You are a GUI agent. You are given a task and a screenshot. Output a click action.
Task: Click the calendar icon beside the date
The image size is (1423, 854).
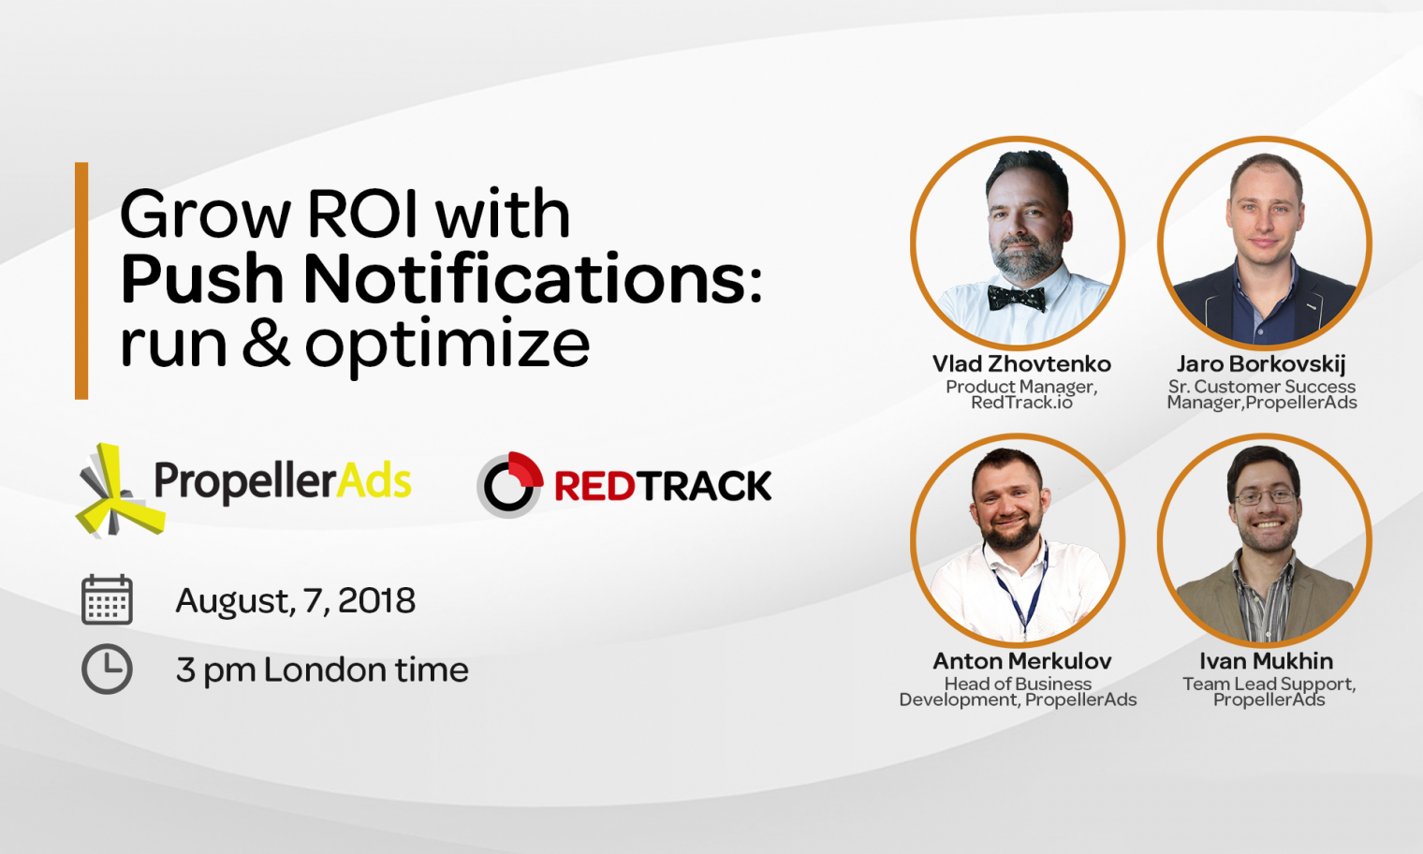point(107,599)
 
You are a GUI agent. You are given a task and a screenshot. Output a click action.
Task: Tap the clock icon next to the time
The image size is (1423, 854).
point(107,669)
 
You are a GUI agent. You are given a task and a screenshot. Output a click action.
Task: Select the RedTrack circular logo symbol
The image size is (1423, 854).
point(510,485)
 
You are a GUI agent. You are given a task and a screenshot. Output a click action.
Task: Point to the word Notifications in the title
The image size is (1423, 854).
point(533,279)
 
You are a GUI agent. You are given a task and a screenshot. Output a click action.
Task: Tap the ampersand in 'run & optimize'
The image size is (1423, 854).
point(266,344)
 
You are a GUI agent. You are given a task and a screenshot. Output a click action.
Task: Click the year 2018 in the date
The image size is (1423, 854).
point(376,601)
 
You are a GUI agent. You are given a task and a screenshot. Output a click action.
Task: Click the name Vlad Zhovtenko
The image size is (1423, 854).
point(1021,364)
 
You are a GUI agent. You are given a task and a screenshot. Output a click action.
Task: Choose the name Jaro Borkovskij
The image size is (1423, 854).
point(1261,364)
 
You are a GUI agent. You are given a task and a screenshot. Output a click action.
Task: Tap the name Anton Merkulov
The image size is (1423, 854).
point(1021,661)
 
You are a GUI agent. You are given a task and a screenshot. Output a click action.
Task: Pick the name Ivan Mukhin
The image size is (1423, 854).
point(1266,661)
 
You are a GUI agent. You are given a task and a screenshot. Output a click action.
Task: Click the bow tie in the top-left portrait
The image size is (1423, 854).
point(1016,299)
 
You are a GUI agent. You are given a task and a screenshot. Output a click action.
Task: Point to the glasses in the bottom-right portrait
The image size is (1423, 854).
point(1266,497)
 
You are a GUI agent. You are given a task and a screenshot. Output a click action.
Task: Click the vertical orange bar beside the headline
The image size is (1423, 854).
point(81,281)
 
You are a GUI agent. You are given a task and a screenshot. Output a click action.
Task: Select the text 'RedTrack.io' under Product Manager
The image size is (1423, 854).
point(1021,403)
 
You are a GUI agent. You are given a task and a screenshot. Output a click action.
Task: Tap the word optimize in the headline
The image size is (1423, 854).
point(447,346)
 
